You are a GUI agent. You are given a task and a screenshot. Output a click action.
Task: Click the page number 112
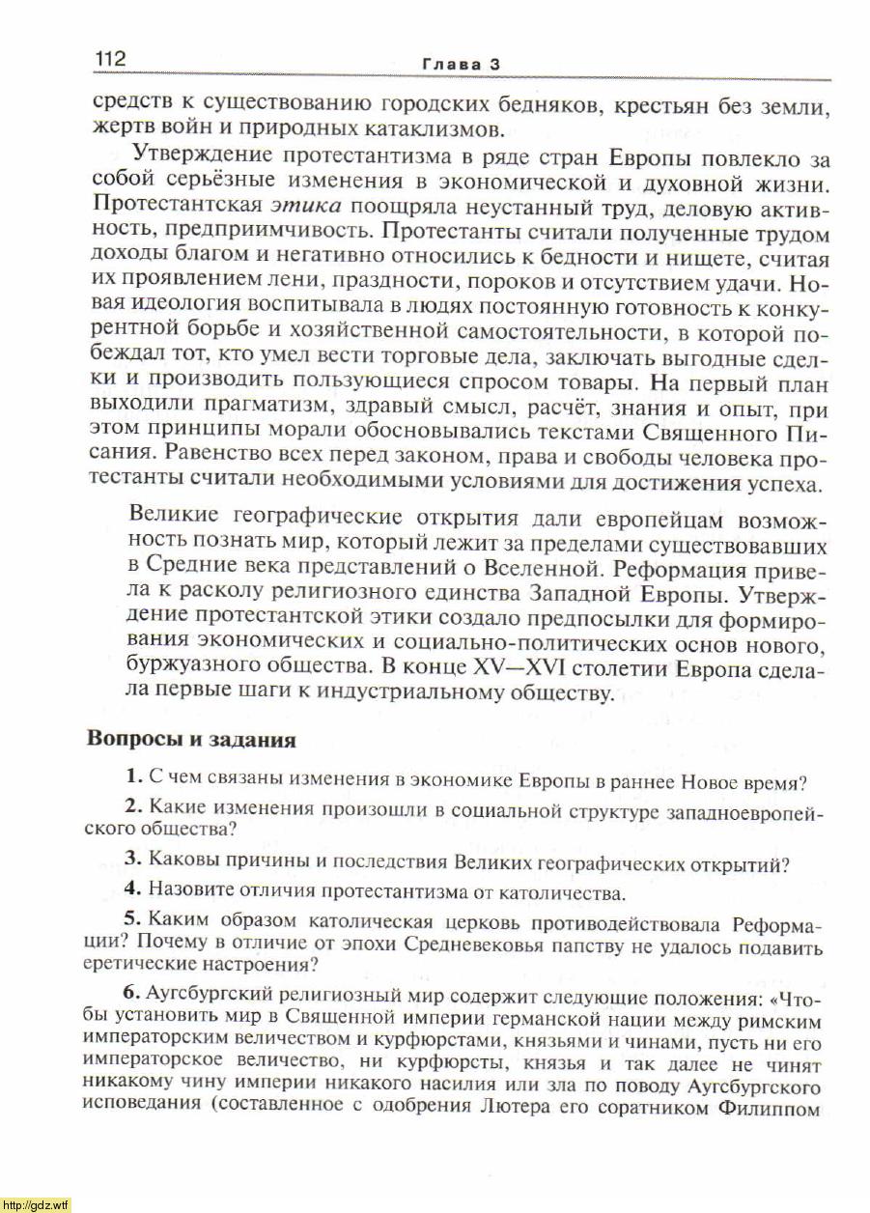tap(110, 59)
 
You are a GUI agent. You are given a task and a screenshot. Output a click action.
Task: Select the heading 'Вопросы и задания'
tap(191, 739)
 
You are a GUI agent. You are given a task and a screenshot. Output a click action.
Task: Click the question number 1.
tap(134, 776)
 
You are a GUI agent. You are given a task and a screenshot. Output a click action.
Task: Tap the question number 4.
tap(134, 888)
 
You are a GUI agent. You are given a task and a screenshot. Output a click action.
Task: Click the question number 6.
tap(134, 994)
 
